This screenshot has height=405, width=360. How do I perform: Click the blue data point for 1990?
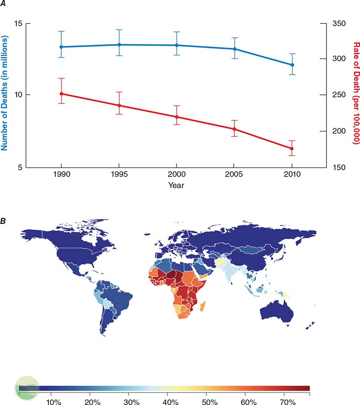pyautogui.click(x=62, y=47)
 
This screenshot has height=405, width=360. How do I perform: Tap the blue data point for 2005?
pyautogui.click(x=234, y=49)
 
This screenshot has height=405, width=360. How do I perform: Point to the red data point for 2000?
pyautogui.click(x=176, y=117)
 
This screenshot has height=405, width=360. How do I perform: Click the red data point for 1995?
pyautogui.click(x=119, y=105)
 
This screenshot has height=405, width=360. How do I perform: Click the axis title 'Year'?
pyautogui.click(x=176, y=185)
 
